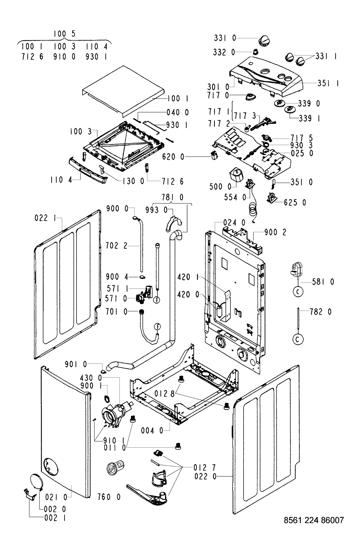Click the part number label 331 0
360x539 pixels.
225,38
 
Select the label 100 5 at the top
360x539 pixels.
64,34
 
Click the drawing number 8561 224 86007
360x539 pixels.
314,520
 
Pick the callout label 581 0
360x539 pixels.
323,282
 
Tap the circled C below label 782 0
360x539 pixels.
298,339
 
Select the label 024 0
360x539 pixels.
234,222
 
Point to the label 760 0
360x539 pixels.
109,497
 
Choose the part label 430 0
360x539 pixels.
91,378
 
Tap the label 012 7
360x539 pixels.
205,468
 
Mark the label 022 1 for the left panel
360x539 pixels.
45,218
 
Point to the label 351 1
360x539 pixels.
328,83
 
